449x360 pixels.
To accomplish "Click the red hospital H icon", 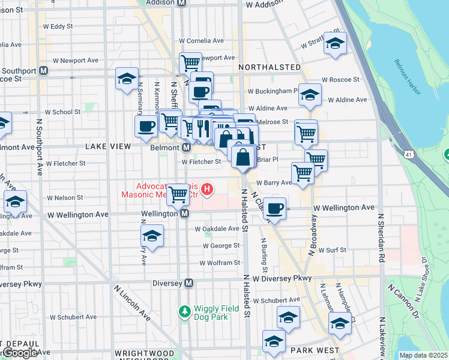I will coord(207,190).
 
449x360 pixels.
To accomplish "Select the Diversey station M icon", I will coord(189,283).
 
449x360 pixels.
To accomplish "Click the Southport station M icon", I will coord(43,71).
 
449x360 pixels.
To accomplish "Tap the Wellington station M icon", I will coord(185,214).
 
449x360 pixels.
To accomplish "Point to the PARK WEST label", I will coord(315,350).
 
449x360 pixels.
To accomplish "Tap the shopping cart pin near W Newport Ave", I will coord(190,62).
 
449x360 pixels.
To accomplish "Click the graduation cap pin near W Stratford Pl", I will coord(335,43).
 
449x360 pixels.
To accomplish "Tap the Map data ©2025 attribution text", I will coord(423,355).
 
